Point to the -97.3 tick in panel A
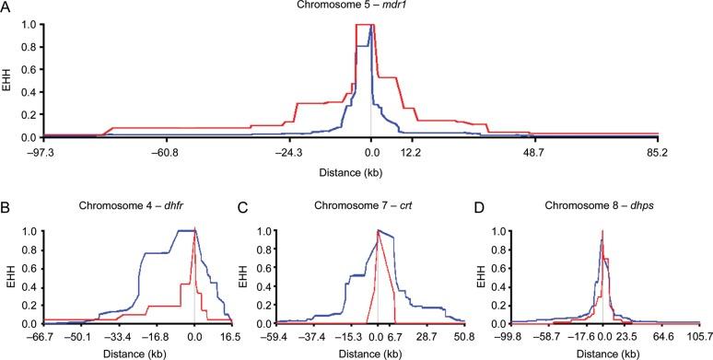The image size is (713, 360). click(43, 152)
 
